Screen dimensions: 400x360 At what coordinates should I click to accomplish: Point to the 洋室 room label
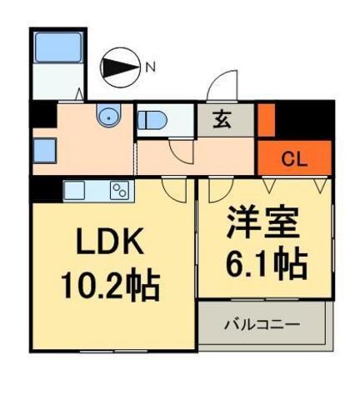tap(265, 224)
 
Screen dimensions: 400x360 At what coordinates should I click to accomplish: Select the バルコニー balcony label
tap(260, 322)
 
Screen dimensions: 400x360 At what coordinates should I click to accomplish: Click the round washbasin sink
tap(109, 117)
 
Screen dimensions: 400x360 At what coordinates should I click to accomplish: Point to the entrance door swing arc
tap(223, 86)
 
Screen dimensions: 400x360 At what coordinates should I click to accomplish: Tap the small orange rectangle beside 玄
tap(266, 118)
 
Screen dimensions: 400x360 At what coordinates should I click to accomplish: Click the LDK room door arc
tap(174, 189)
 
